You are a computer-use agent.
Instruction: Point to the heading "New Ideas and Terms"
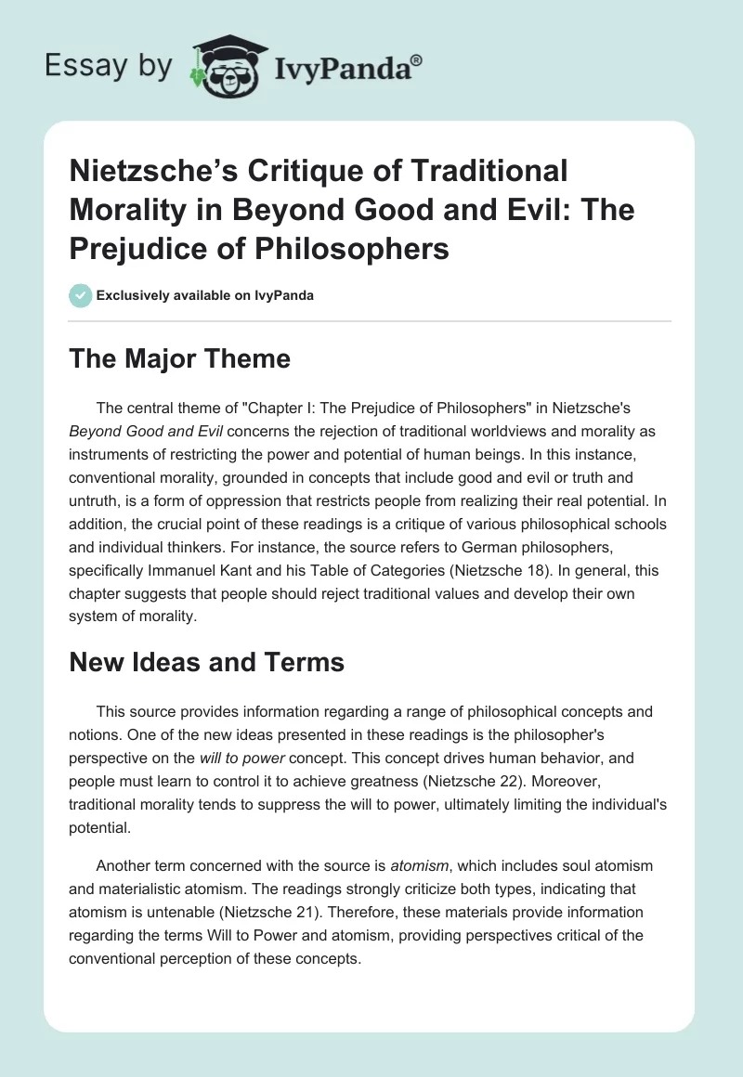206,662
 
